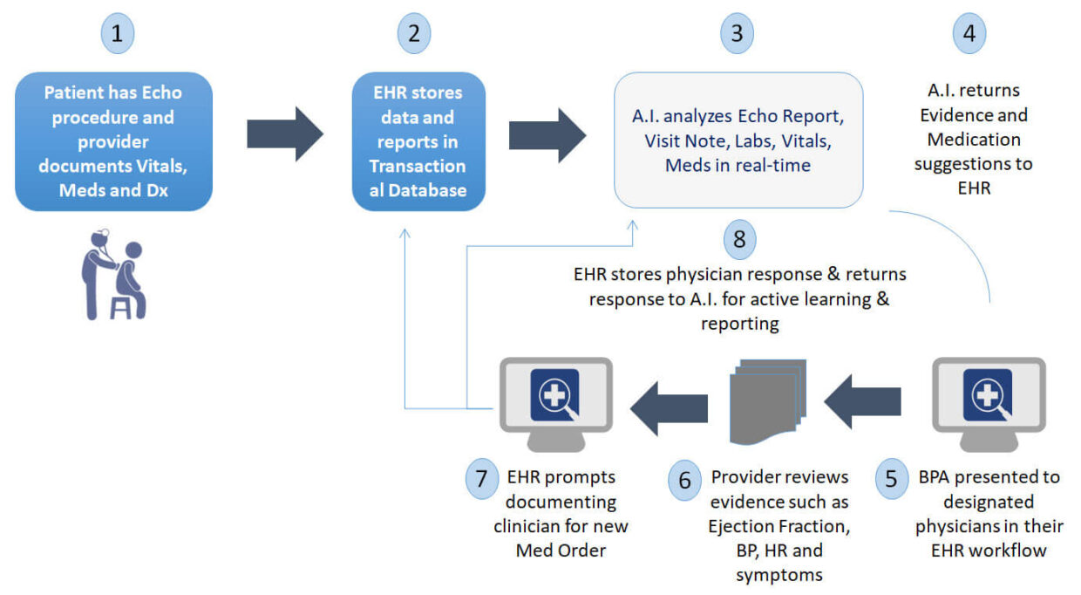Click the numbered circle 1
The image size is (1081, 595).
point(119,34)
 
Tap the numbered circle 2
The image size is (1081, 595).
point(414,34)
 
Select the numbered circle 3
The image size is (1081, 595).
point(738,34)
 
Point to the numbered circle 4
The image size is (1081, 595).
point(969,34)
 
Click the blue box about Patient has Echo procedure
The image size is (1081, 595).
point(114,141)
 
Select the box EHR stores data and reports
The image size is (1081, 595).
point(418,141)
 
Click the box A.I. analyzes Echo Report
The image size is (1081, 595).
point(738,140)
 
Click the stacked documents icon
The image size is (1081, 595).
point(765,400)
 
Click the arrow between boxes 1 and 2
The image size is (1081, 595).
point(284,134)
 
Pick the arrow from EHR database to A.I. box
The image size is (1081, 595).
point(547,134)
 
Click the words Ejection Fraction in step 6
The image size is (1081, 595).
point(779,527)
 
